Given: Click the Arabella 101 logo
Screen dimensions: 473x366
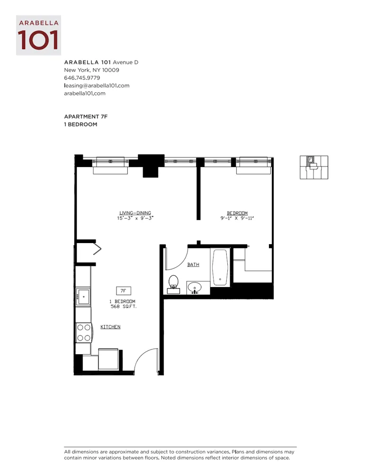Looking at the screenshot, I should click(x=38, y=35).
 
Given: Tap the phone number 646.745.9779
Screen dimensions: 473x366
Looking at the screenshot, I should click(x=82, y=78).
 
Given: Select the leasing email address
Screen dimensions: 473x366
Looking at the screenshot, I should click(x=97, y=86).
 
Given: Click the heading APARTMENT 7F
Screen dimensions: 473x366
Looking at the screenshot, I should click(x=86, y=116).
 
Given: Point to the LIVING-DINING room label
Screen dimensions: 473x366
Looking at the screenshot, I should click(x=135, y=213).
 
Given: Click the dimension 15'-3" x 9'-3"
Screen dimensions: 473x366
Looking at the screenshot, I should click(x=135, y=219).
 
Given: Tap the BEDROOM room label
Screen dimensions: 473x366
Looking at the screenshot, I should click(x=237, y=213).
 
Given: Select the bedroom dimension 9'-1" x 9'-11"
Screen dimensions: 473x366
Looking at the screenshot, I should click(x=237, y=219).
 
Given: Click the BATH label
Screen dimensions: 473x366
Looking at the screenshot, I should click(x=193, y=265).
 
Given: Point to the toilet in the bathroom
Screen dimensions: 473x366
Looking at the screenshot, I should click(x=173, y=282).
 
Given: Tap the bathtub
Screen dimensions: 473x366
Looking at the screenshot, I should click(x=220, y=267).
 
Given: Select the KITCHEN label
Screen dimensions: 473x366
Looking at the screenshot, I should click(x=110, y=327).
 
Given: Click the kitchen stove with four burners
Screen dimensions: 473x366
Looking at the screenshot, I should click(x=84, y=332).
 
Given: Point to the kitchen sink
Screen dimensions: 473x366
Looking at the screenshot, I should click(x=84, y=298).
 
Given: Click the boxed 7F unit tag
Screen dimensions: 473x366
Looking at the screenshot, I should click(x=124, y=291).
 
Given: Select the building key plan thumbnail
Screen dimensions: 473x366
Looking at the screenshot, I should click(x=314, y=167).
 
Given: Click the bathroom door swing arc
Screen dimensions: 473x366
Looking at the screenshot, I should click(x=176, y=259).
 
